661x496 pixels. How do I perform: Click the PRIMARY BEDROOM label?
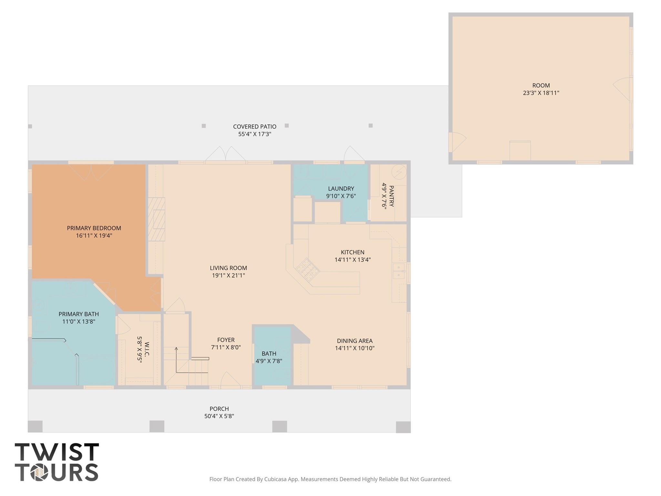[x=94, y=228]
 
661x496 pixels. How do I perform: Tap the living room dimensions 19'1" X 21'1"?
[x=228, y=276]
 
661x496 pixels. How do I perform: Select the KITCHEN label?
[x=352, y=252]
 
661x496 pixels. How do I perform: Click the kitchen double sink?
[x=399, y=271]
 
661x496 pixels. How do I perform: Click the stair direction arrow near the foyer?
[x=176, y=349]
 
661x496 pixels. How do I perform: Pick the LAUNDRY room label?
[x=341, y=189]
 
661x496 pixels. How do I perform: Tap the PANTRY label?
[x=391, y=196]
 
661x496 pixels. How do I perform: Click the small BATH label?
[x=269, y=354]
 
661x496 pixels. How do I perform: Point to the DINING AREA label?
[x=355, y=341]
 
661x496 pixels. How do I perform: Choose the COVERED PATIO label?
[x=254, y=127]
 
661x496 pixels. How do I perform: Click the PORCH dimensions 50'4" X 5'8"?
[x=219, y=417]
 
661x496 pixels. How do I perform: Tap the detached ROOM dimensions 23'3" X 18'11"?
[x=541, y=93]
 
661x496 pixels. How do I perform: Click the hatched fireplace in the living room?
[x=157, y=219]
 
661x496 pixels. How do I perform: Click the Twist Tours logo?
[x=57, y=462]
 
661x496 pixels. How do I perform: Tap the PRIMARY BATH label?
[x=78, y=314]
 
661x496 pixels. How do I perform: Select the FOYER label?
[x=226, y=340]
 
